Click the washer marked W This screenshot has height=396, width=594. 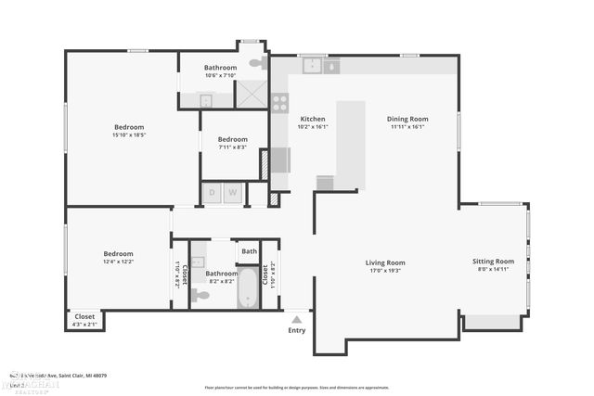pos(233,193)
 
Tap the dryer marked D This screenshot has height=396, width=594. pos(213,193)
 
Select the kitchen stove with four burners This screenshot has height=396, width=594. pos(279,102)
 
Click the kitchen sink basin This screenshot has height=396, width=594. pos(314,66)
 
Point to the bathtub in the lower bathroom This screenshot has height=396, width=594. pos(248,287)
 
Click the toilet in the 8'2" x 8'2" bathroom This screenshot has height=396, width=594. pos(201,295)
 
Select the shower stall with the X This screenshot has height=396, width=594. pos(251,95)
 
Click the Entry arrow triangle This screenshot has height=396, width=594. pos(297,318)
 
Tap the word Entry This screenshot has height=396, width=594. pos(297,330)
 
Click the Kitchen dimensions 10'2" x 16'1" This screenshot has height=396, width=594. pos(313,128)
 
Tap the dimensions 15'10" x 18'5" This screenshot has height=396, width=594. pos(129,135)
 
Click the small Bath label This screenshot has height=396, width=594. pos(249,251)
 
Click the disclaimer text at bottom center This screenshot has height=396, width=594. pos(297,388)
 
